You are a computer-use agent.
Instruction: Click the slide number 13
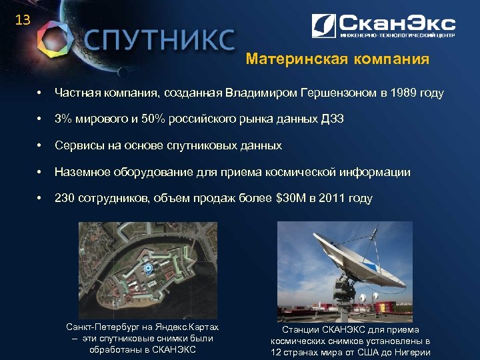(23, 20)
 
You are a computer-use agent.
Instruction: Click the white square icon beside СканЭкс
(324, 26)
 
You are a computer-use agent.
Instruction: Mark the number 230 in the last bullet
(65, 198)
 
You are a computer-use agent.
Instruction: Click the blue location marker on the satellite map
(148, 268)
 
